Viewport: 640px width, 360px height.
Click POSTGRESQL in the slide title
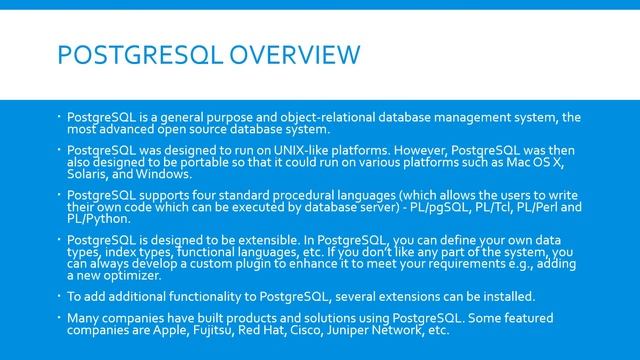(128, 54)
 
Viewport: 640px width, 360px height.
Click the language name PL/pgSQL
(431, 206)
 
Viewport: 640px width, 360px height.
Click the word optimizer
(130, 274)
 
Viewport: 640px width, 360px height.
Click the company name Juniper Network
(389, 329)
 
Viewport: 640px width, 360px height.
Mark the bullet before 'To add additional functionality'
(59, 296)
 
